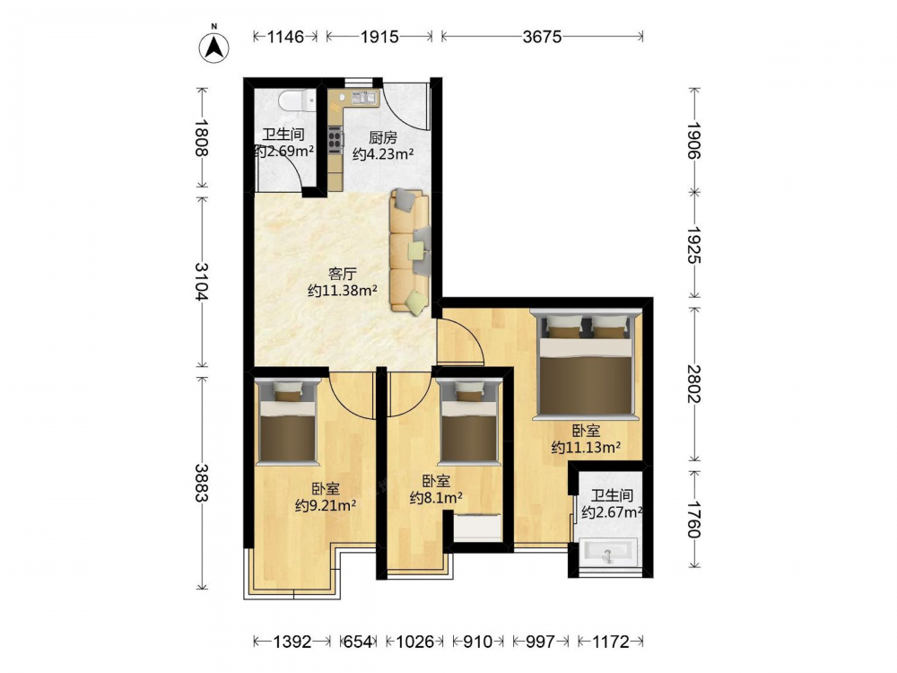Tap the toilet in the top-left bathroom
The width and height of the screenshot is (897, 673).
[297, 101]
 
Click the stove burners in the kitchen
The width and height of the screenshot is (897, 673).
[335, 138]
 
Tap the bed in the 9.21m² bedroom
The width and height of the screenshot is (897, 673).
[287, 421]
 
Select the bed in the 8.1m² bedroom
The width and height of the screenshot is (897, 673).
[469, 421]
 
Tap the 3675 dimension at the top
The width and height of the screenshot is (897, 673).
[542, 37]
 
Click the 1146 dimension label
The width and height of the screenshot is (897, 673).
[285, 37]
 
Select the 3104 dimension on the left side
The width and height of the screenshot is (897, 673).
[201, 282]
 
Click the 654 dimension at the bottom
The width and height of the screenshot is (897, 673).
[358, 642]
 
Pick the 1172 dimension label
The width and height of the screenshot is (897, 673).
[610, 642]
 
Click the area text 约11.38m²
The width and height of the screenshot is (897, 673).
[342, 290]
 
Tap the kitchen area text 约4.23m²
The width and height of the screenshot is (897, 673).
[383, 154]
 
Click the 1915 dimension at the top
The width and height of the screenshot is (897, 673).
[379, 37]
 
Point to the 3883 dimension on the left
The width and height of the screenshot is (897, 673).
[201, 483]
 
